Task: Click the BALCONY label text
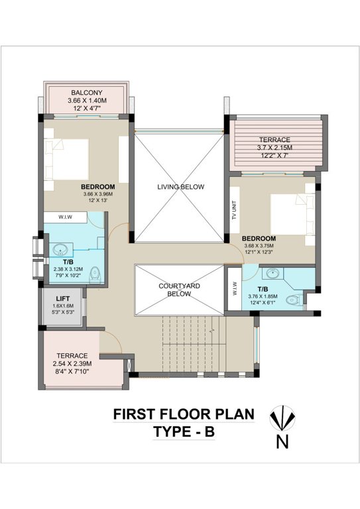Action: [x=86, y=92]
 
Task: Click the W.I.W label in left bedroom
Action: [x=66, y=216]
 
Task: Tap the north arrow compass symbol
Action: [x=281, y=420]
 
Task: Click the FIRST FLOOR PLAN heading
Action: [x=184, y=414]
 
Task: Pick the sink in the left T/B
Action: [x=61, y=250]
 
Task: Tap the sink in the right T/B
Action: [x=272, y=273]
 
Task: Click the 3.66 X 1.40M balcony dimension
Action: [x=86, y=101]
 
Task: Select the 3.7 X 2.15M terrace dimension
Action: [x=274, y=147]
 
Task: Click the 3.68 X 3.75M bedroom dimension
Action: [x=259, y=245]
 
